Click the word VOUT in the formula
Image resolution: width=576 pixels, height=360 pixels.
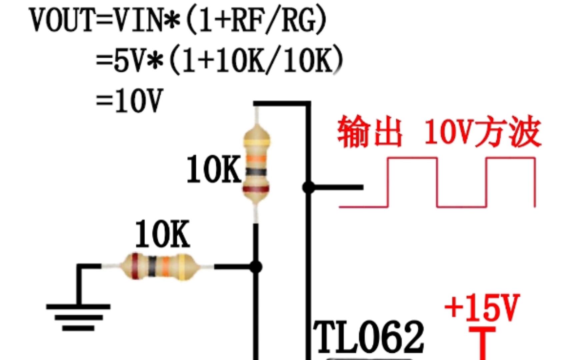click(x=61, y=20)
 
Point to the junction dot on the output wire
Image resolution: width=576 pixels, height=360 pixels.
click(x=308, y=188)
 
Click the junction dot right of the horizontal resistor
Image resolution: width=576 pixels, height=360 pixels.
click(x=256, y=267)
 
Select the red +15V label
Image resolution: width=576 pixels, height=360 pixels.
click(x=482, y=307)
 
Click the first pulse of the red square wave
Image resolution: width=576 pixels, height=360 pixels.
click(x=412, y=182)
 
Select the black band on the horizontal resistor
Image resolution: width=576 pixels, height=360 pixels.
click(x=152, y=266)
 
